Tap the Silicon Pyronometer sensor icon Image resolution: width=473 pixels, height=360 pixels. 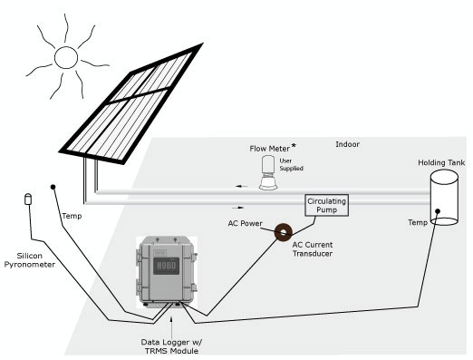point(28,199)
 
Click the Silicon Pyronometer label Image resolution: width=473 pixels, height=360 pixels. point(30,260)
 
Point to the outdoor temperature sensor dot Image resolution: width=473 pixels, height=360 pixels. point(53,187)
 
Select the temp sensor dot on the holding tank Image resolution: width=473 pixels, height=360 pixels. point(438,211)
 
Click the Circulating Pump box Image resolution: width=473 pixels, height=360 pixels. point(326,205)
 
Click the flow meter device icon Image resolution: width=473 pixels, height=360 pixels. point(268,172)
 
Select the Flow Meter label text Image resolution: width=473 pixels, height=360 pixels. point(269,149)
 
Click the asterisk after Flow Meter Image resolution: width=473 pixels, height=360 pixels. point(294,147)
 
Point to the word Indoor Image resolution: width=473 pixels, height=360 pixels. point(347,144)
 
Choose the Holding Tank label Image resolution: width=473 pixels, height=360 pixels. point(441,162)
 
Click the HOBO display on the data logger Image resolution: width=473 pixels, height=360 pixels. point(166,266)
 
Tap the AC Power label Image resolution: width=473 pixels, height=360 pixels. point(245,223)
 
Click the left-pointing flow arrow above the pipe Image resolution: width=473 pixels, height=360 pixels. point(242,186)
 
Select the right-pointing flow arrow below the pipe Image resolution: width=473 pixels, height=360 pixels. point(238,208)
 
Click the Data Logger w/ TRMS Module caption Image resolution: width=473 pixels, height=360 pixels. point(171,346)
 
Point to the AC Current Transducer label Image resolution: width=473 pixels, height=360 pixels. point(313,249)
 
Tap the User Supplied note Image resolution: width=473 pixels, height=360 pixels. point(291,164)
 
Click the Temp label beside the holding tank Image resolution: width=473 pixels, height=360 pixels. point(418,222)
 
